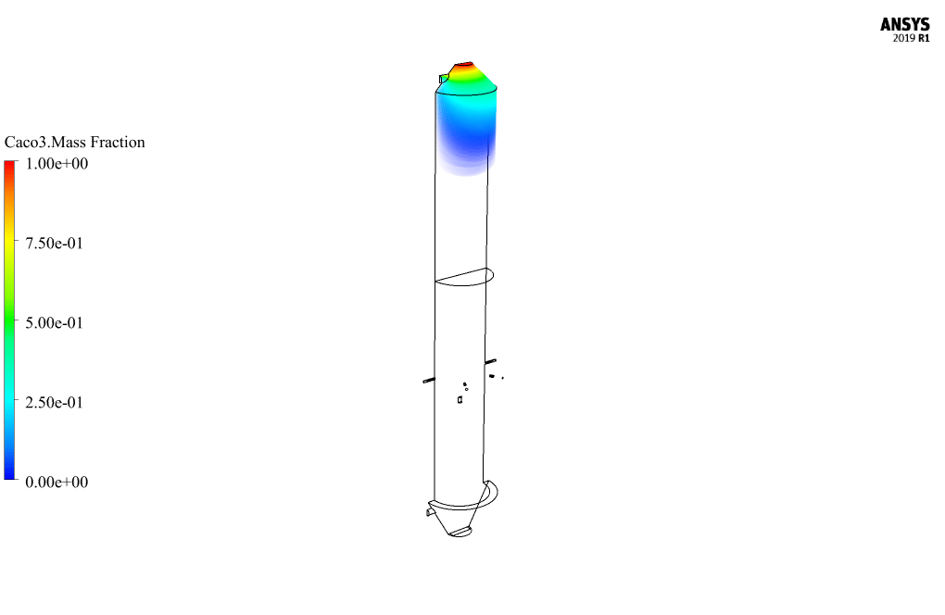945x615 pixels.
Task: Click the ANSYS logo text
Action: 904,24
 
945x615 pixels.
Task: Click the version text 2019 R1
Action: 912,38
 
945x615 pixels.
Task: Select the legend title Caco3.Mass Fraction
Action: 75,142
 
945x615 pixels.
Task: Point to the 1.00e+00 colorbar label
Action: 57,164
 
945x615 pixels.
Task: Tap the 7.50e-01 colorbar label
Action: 55,244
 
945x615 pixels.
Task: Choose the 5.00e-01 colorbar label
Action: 55,323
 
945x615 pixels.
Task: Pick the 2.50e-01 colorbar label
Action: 55,402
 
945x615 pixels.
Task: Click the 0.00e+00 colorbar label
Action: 57,482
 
